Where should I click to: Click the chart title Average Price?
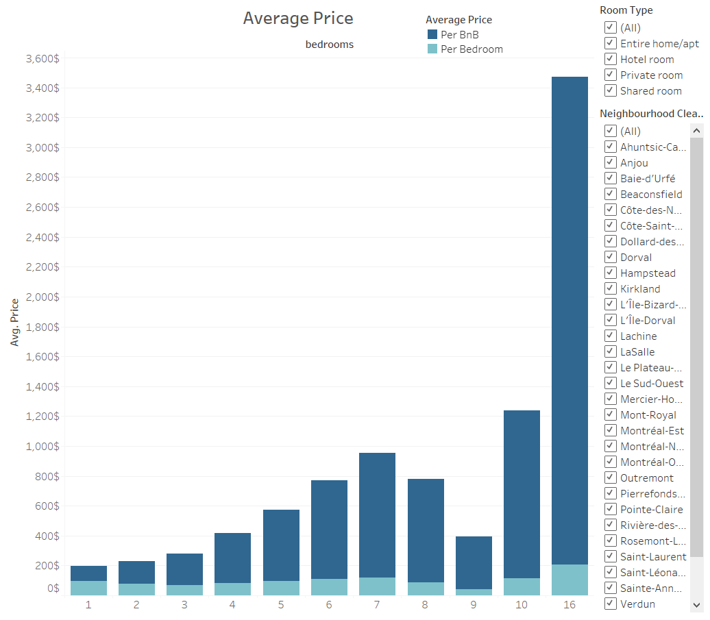point(298,18)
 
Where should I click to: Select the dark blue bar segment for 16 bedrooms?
point(570,315)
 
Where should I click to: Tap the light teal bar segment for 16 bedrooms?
point(570,580)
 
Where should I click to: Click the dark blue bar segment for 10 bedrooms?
point(522,493)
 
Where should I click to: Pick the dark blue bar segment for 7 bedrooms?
point(377,514)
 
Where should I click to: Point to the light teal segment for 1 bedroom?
point(88,588)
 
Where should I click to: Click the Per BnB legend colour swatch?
point(432,34)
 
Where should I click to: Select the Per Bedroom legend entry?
point(472,49)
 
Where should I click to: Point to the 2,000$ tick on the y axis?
point(42,297)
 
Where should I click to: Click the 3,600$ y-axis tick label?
point(42,59)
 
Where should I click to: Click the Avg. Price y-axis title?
point(15,322)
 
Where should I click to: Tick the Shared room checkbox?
point(609,90)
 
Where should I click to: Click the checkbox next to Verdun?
point(609,604)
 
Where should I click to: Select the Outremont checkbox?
point(609,478)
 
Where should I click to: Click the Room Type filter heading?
point(626,10)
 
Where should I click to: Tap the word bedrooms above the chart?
point(329,45)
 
